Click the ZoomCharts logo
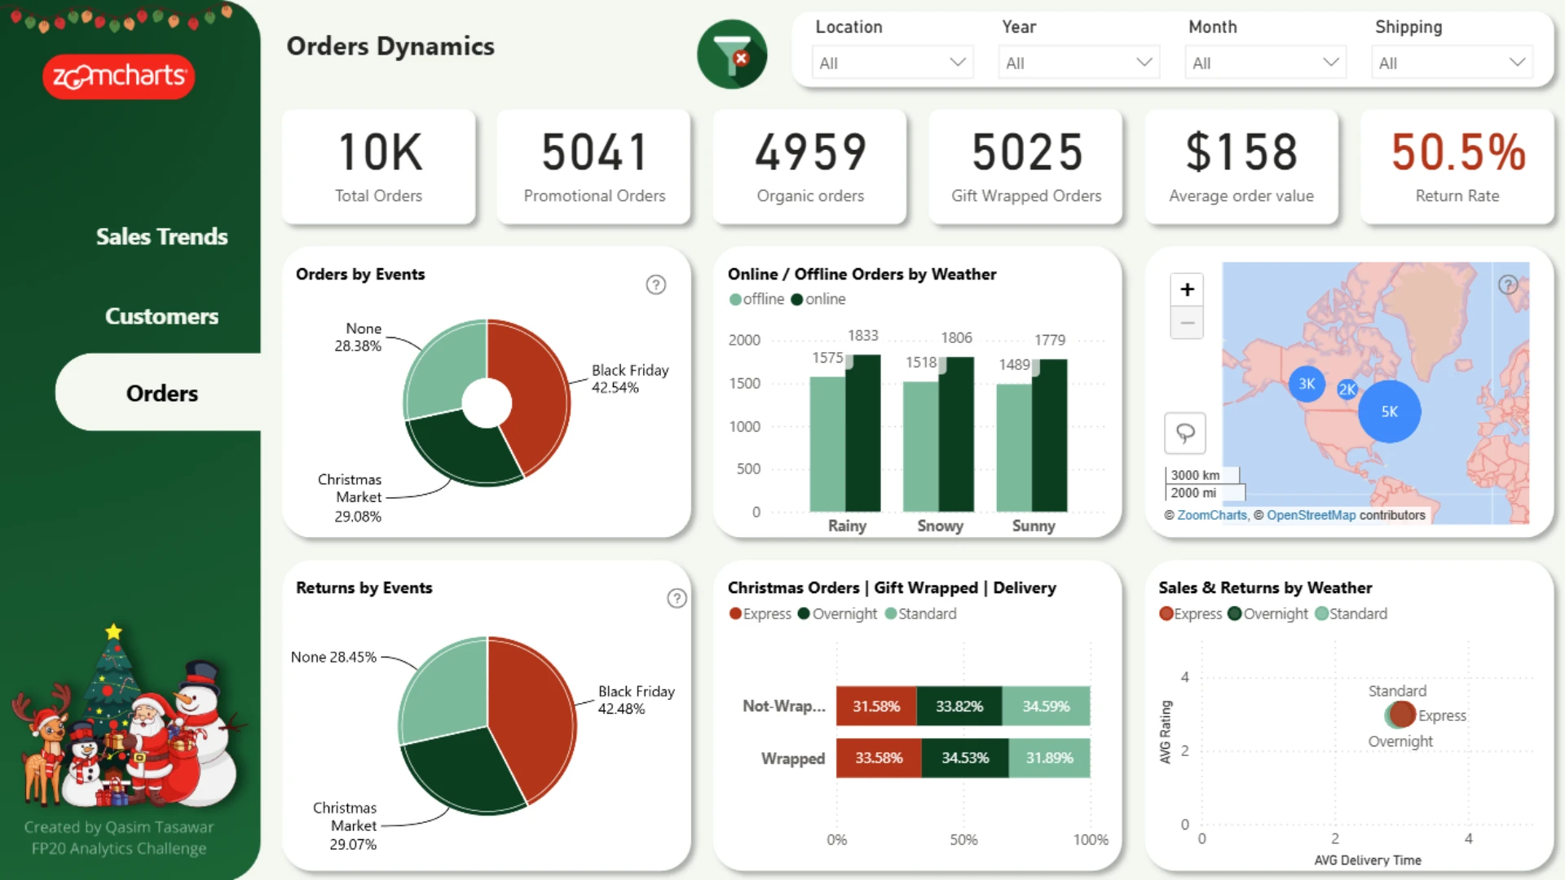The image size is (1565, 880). pyautogui.click(x=119, y=77)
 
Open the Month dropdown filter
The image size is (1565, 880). pyautogui.click(x=1265, y=63)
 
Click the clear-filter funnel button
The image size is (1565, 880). pyautogui.click(x=732, y=55)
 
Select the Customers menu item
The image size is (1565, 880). pyautogui.click(x=161, y=316)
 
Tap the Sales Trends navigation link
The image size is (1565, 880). pyautogui.click(x=161, y=236)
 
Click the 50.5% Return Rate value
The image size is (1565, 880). pyautogui.click(x=1458, y=152)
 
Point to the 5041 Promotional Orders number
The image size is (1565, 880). pyautogui.click(x=595, y=152)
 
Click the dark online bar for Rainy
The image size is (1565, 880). pyautogui.click(x=863, y=433)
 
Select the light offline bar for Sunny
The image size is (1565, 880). pyautogui.click(x=1014, y=447)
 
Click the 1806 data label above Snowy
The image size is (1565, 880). pyautogui.click(x=956, y=337)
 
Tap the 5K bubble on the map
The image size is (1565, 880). pyautogui.click(x=1390, y=411)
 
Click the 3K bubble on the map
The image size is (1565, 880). pyautogui.click(x=1307, y=384)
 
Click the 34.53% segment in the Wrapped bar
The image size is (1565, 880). pyautogui.click(x=965, y=758)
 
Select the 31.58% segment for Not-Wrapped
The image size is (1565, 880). pyautogui.click(x=876, y=706)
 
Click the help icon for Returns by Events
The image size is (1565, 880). pyautogui.click(x=677, y=599)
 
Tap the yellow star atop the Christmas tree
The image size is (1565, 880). pyautogui.click(x=113, y=631)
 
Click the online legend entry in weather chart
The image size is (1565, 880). pyautogui.click(x=818, y=299)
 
